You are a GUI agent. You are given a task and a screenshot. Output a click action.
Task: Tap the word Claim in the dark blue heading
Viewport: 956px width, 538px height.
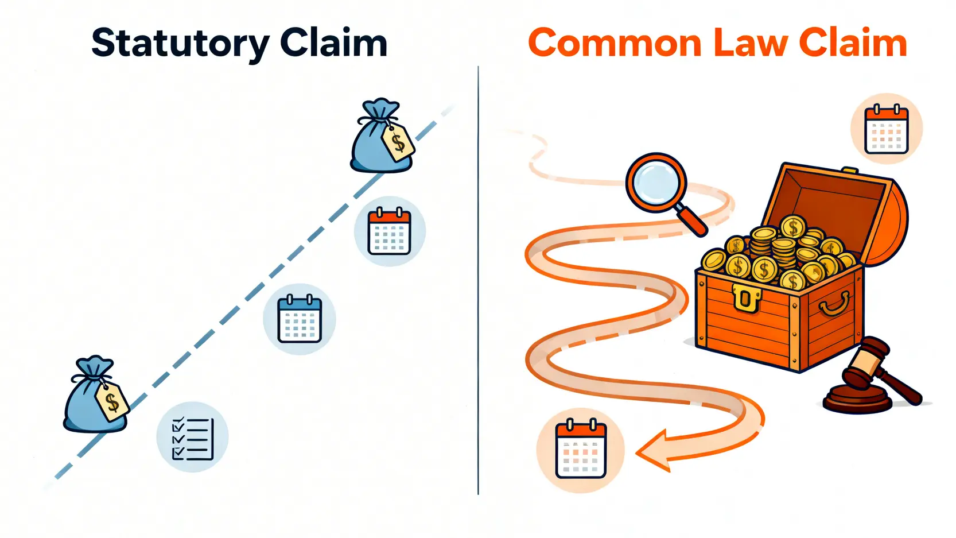333,42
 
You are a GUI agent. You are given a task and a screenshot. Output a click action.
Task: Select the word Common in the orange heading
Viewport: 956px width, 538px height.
615,43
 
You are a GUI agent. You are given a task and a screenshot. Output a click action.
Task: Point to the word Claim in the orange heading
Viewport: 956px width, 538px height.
853,43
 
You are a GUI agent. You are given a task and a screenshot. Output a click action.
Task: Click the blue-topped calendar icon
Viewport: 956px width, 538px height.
300,319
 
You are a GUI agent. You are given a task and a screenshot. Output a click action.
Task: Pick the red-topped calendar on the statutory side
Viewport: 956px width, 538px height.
390,232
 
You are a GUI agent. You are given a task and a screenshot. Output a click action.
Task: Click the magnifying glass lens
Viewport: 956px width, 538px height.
655,183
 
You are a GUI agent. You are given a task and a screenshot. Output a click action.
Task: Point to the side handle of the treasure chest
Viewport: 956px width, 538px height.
835,303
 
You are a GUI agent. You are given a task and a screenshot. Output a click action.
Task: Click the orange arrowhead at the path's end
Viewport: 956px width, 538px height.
654,451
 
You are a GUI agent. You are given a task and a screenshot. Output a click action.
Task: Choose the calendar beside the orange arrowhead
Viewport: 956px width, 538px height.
580,451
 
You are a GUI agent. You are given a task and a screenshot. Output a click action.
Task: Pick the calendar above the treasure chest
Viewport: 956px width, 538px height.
887,130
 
